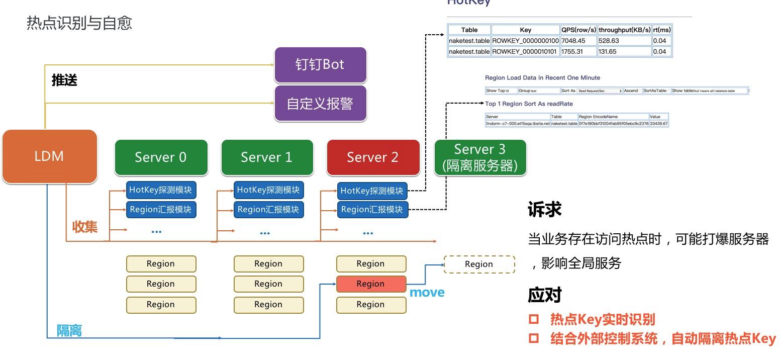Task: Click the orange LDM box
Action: point(49,156)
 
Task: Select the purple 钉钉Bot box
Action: point(320,65)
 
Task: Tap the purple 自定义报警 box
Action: point(320,103)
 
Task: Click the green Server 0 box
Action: point(161,157)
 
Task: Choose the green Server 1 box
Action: point(267,157)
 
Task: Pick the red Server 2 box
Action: point(373,157)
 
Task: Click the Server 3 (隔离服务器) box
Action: point(480,157)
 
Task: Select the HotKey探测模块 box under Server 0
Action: point(161,190)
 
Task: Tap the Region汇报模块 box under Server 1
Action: point(268,209)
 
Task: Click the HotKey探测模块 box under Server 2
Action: point(372,191)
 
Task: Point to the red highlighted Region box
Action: point(371,284)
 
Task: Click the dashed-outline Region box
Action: point(479,264)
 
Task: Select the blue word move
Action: point(427,292)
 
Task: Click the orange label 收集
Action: point(85,226)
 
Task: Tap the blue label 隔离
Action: point(69,330)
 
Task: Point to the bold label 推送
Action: point(64,80)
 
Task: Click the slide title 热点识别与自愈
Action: point(79,23)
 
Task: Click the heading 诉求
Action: point(544,209)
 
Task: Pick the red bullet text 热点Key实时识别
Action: point(602,319)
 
